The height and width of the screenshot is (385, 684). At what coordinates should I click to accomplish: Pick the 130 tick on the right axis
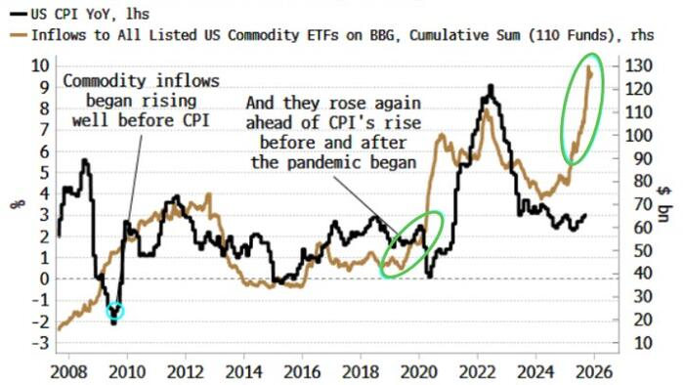coord(637,65)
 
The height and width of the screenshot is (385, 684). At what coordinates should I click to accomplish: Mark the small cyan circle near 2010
coord(115,312)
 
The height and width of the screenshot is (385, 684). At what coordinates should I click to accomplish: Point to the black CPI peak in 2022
coord(490,87)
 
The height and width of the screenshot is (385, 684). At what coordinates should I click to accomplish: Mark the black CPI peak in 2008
coord(84,160)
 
